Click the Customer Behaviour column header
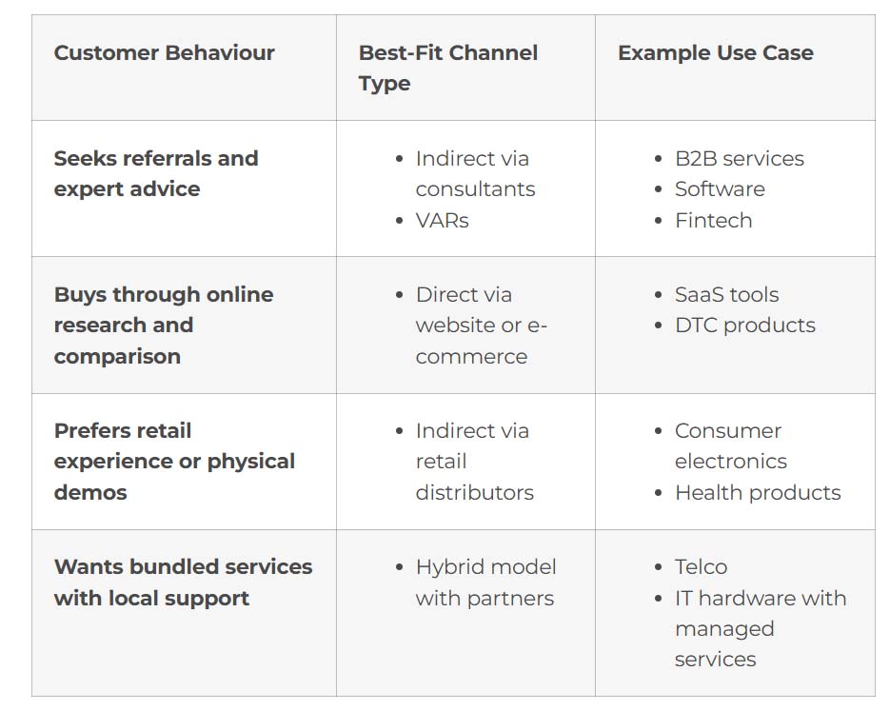[164, 52]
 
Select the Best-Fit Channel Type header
[447, 69]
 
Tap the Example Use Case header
[715, 52]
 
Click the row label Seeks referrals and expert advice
[156, 173]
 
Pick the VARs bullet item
[443, 220]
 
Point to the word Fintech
[714, 220]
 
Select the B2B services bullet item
[739, 158]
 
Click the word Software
[720, 189]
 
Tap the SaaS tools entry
[726, 294]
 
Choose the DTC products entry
[744, 326]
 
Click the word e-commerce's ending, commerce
[471, 357]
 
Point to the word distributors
[475, 492]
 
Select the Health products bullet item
[758, 492]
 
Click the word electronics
[730, 462]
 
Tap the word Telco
[701, 567]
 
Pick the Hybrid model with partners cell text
[485, 583]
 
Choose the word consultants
[475, 189]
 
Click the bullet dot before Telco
[659, 567]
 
